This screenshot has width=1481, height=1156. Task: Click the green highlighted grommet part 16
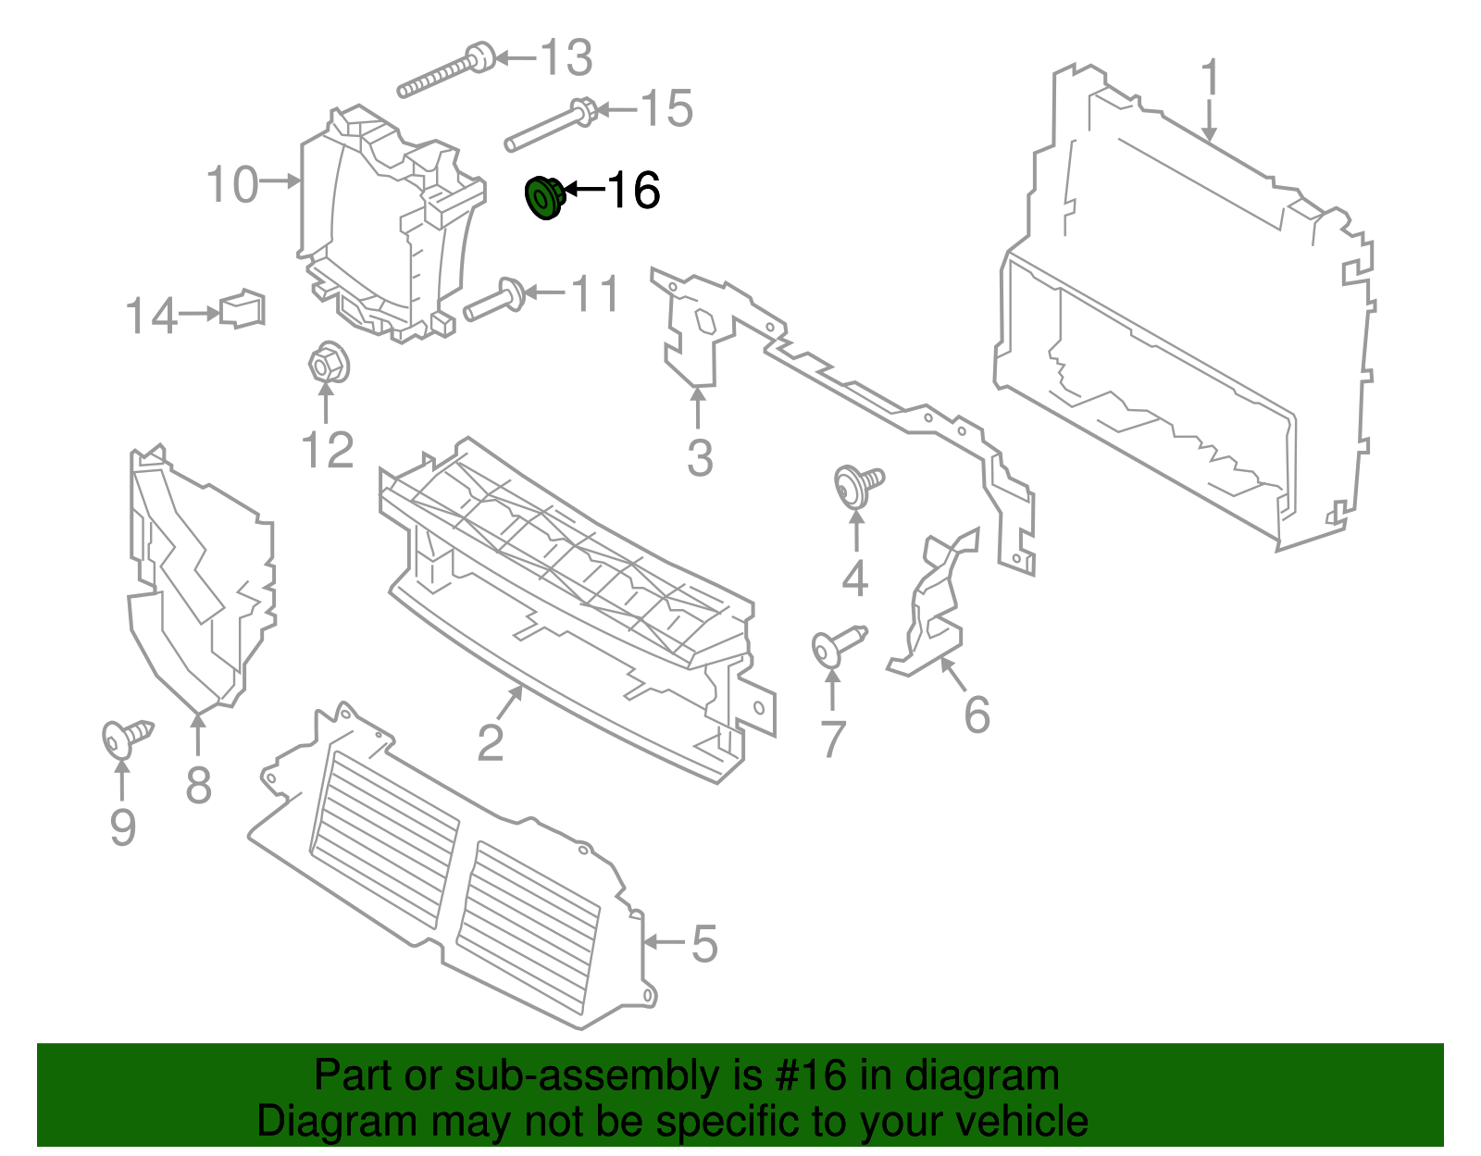(x=543, y=198)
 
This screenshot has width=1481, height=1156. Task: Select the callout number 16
(x=633, y=191)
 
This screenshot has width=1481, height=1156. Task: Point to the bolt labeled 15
(x=551, y=126)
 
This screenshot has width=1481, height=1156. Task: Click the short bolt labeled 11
(x=494, y=300)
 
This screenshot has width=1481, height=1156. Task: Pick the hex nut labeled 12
(x=327, y=362)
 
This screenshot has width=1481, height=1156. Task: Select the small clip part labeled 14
(x=243, y=309)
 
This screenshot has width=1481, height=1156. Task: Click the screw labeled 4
(x=858, y=485)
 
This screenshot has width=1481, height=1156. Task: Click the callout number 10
(x=232, y=184)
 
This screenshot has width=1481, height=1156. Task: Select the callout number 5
(x=704, y=944)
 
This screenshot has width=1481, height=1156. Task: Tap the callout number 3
(x=700, y=457)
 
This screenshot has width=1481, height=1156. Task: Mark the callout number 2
(x=491, y=741)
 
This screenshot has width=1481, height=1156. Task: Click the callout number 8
(x=198, y=786)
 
